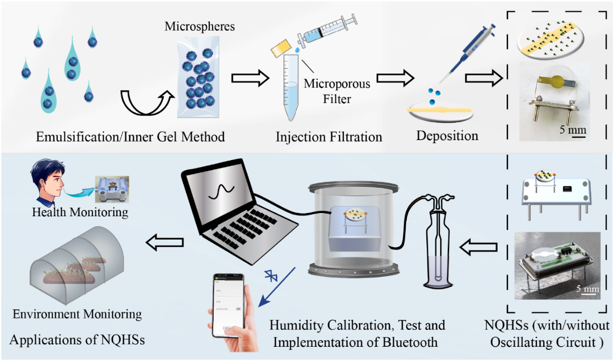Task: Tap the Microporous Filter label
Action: pos(337,90)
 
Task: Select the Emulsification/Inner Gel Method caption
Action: pos(130,137)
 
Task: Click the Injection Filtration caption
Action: pos(328,137)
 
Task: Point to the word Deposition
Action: pos(447,135)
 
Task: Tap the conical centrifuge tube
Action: pos(289,87)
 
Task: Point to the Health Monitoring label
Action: pos(80,213)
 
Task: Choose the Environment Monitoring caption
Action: pos(77,314)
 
